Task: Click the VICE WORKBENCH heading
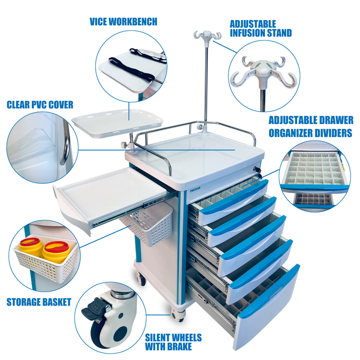click(123, 22)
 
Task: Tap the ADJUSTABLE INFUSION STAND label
click(261, 28)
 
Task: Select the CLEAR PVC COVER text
click(40, 105)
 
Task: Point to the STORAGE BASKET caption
click(39, 302)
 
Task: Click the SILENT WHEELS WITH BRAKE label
click(173, 342)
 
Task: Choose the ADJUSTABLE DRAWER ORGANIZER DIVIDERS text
click(311, 127)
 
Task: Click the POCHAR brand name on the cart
click(195, 189)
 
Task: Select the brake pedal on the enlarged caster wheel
click(93, 309)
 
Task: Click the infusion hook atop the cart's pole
click(207, 34)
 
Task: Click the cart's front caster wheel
click(178, 314)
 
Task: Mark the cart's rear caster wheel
click(141, 278)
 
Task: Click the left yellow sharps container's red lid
click(30, 242)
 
